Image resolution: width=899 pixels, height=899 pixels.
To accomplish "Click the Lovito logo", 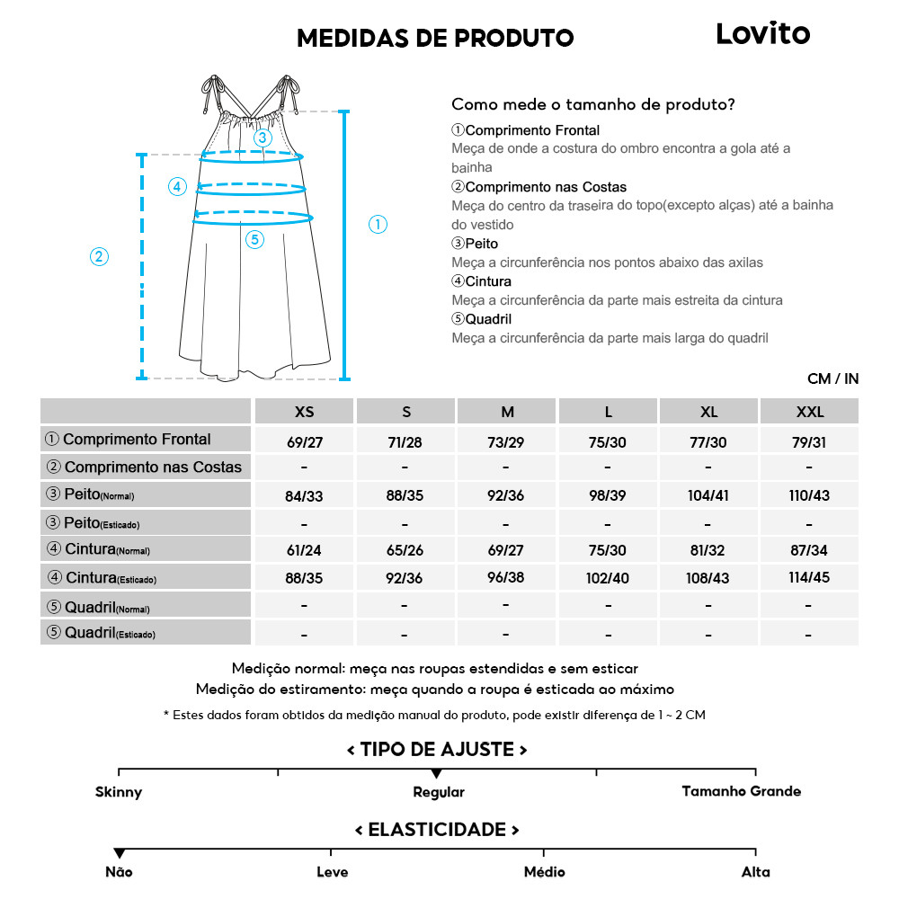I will point(762,34).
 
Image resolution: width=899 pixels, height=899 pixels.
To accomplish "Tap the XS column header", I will point(305,412).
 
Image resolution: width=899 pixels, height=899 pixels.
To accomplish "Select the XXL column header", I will point(809,412).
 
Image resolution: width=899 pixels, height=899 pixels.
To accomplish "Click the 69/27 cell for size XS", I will point(305,442).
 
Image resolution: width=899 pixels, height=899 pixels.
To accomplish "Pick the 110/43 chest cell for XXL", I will point(809,495).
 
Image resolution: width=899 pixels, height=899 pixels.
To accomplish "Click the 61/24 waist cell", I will point(305,550).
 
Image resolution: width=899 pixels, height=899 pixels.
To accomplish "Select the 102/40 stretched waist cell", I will point(609,578).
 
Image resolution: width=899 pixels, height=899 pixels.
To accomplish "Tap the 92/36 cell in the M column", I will point(507,495).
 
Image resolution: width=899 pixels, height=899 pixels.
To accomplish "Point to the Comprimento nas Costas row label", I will point(144,467).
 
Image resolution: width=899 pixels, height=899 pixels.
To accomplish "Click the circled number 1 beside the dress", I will point(378,225).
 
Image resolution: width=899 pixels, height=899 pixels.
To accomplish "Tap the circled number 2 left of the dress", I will point(100,257).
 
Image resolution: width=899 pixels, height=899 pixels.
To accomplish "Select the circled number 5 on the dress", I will point(254,239).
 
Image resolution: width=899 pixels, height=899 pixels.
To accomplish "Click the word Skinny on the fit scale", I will point(119,792).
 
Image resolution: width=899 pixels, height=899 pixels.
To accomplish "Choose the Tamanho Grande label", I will point(741,792).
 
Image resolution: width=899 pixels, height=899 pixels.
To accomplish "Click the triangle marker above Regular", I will point(436,773).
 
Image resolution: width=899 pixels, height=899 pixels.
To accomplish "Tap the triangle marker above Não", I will point(119,853).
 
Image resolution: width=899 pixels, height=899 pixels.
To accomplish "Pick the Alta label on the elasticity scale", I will point(755,872).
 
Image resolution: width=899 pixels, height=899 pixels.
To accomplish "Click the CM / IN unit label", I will point(832,379).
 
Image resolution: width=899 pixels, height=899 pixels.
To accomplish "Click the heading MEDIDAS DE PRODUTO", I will point(435,38).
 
